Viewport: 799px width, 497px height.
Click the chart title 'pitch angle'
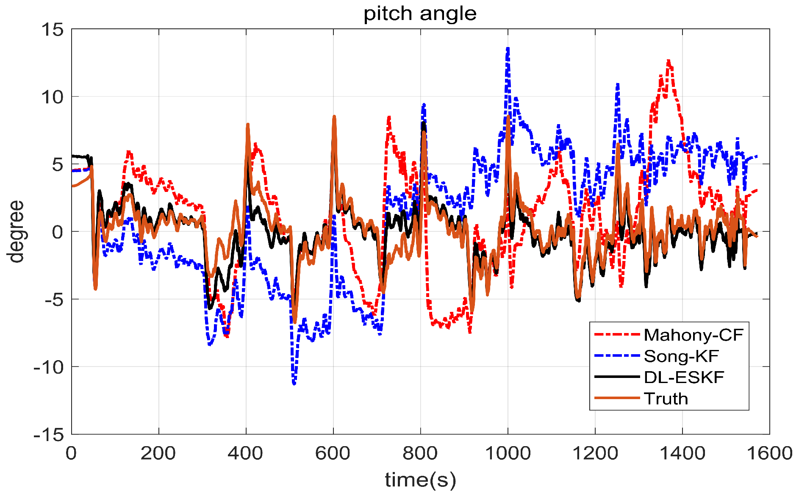(x=420, y=14)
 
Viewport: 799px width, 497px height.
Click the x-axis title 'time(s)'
(x=420, y=480)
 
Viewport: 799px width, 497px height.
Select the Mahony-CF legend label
(x=694, y=335)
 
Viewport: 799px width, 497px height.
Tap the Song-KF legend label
(x=681, y=356)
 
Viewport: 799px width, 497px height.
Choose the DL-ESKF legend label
(x=684, y=377)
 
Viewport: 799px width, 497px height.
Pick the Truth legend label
(x=666, y=399)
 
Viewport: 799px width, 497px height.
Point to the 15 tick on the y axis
(x=52, y=30)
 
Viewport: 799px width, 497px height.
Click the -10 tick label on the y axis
(x=48, y=367)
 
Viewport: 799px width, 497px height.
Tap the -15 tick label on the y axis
(x=48, y=434)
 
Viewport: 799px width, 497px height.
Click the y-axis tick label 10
(x=52, y=97)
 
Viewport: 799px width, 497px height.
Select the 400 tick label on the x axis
(x=246, y=453)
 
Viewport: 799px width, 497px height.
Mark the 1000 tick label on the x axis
(x=508, y=453)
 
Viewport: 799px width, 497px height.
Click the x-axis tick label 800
(x=420, y=453)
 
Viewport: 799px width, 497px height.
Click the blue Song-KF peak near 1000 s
(x=508, y=49)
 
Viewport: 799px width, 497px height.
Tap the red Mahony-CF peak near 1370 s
(x=669, y=61)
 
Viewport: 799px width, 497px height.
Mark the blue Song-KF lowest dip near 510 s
(x=294, y=383)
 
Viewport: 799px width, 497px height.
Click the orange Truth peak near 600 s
(x=334, y=117)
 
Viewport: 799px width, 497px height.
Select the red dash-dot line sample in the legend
(x=616, y=335)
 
